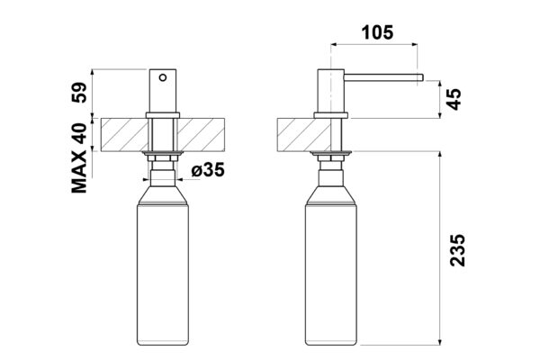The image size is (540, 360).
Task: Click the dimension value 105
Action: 377,32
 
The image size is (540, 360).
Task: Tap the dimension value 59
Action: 79,93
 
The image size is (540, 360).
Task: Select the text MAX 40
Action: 79,158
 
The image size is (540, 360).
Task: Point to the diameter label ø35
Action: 208,170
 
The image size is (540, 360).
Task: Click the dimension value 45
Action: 455,99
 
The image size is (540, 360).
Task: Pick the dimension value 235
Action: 457,250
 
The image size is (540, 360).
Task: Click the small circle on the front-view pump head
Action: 163,77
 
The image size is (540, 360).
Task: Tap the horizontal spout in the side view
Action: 383,77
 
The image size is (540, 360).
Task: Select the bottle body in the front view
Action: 163,275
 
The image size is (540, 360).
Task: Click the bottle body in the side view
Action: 331,275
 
